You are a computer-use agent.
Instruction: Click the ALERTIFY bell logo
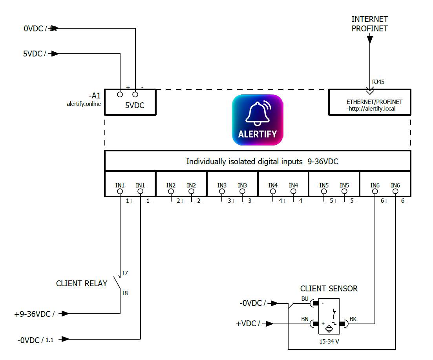coord(257,120)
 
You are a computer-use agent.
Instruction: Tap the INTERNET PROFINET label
coord(369,24)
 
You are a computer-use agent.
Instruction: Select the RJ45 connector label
coord(378,82)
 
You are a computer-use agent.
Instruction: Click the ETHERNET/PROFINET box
coord(369,102)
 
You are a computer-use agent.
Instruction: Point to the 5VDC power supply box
coord(130,102)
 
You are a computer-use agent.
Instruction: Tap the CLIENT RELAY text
coord(82,284)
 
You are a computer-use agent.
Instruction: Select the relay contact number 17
coord(125,273)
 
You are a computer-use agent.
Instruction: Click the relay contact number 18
coord(125,293)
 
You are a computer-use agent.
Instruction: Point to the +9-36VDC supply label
coord(35,314)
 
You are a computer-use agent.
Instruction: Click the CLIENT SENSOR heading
coord(329,289)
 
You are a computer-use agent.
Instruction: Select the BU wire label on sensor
coord(305,298)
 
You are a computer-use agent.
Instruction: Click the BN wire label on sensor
coord(305,319)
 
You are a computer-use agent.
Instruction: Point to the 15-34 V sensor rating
coord(329,342)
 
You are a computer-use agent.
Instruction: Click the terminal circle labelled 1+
coord(120,191)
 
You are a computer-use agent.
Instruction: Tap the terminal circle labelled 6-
coord(395,191)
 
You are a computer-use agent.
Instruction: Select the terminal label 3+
coord(231,201)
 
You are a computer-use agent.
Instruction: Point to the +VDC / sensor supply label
coord(248,324)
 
